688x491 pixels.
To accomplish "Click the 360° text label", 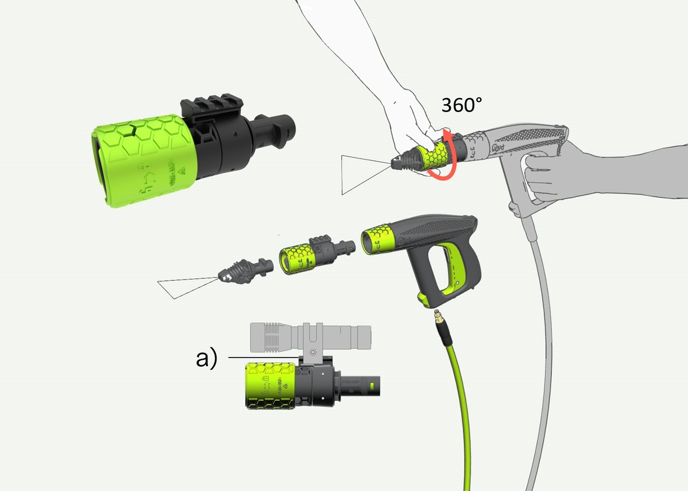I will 461,105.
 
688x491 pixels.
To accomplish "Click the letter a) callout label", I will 206,358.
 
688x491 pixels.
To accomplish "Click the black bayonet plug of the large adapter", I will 275,129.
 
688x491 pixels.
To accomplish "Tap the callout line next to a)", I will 263,357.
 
